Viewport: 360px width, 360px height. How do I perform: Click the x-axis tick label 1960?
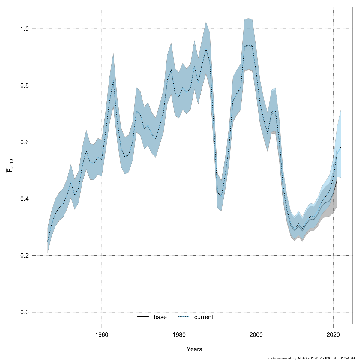[x=102, y=335]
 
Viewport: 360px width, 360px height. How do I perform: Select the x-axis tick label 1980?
[x=179, y=335]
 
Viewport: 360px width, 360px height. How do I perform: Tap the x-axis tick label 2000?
[x=256, y=335]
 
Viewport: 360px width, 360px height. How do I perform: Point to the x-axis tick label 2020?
[x=333, y=335]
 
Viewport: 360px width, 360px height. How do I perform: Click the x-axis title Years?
[x=194, y=349]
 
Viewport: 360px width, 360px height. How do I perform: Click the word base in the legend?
[x=160, y=317]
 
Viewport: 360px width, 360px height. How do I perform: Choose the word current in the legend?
[x=204, y=317]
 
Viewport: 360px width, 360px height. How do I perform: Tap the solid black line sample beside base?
[x=143, y=317]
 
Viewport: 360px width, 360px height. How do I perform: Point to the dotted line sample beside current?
[x=184, y=317]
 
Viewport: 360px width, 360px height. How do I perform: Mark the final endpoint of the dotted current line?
[x=341, y=147]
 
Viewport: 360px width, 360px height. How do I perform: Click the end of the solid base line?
[x=337, y=179]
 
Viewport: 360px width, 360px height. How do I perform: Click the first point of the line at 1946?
[x=48, y=241]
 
